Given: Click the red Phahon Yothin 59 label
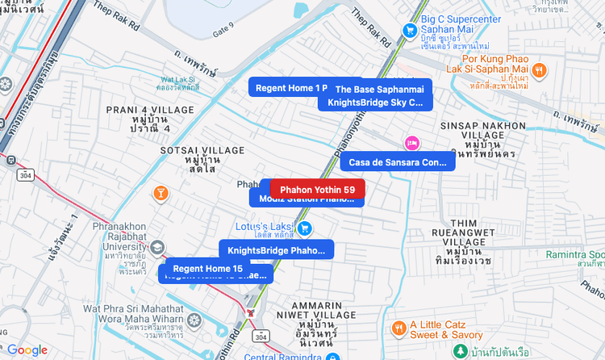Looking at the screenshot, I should [x=317, y=189].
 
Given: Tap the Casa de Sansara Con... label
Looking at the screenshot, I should [x=398, y=162].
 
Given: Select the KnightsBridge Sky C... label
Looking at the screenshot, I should [x=375, y=103].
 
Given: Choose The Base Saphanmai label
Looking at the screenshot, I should [x=379, y=89].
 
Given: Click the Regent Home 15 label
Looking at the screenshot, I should [x=207, y=268].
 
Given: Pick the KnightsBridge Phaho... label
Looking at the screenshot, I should [x=276, y=250].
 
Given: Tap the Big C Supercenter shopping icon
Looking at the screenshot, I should [x=409, y=31].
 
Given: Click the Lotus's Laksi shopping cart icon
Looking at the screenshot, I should [x=304, y=229].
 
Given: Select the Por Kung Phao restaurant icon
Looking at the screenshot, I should [x=540, y=70].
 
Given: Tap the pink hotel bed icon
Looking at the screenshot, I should [x=411, y=144].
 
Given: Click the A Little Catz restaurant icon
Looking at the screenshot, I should [x=398, y=329].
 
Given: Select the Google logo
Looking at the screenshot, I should [x=27, y=350].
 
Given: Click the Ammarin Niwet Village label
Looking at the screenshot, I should [x=309, y=325].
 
